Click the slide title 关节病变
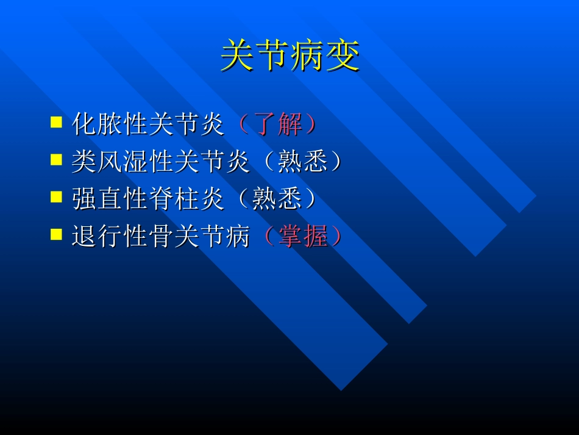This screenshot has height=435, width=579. click(x=290, y=56)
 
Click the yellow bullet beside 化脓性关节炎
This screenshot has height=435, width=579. click(x=56, y=122)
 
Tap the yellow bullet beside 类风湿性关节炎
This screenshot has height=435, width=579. click(x=56, y=160)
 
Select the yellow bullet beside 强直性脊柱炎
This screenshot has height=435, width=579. click(x=56, y=198)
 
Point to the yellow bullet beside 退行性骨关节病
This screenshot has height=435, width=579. click(x=56, y=235)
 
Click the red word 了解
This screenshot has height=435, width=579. click(x=278, y=124)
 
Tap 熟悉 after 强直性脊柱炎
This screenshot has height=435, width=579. click(x=278, y=200)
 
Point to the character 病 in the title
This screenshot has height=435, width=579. click(x=308, y=56)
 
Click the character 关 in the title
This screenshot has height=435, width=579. click(x=238, y=56)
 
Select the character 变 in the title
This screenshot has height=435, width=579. click(x=343, y=56)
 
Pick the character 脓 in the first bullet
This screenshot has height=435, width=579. click(x=110, y=124)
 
